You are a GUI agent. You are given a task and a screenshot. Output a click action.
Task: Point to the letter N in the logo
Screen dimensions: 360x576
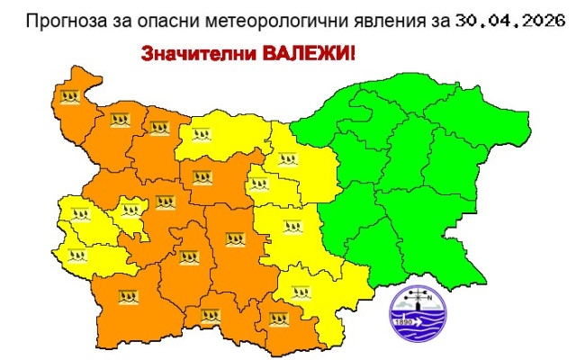pos(430,301)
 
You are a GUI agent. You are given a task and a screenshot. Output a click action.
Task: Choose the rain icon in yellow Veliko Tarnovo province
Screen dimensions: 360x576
pos(287,160)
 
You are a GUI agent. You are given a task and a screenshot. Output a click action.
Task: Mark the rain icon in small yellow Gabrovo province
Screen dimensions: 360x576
pos(262,185)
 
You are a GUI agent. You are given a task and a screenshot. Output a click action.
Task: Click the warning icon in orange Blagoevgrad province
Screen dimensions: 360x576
pos(127,294)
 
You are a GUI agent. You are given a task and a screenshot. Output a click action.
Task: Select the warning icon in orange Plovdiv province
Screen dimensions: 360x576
pos(235,240)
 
